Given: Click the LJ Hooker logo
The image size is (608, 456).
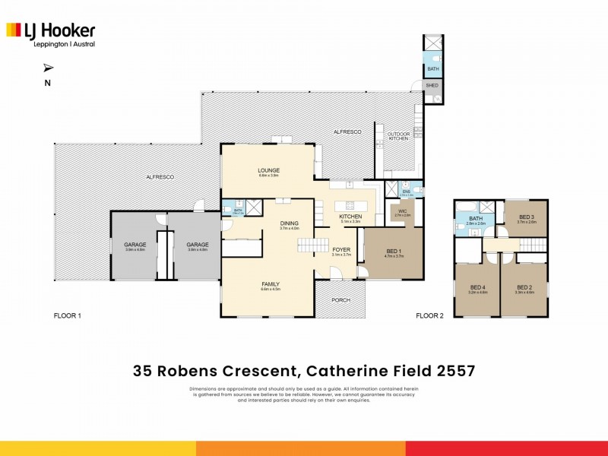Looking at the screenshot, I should tap(51, 33).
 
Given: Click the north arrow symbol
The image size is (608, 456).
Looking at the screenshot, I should tap(49, 68).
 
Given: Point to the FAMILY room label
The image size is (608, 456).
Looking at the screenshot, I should tap(271, 284).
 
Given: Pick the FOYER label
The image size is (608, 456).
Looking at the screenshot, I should tap(341, 249).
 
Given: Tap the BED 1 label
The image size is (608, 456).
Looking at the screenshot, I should tap(394, 252).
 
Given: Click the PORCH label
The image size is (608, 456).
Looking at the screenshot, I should tap(341, 299).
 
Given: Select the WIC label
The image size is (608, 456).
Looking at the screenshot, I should tap(403, 211).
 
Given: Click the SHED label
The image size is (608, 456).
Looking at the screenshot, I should tap(432, 85).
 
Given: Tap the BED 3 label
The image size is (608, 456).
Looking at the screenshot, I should tap(527, 217).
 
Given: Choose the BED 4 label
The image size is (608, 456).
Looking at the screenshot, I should tap(477, 287).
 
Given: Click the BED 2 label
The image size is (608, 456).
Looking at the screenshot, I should tap(524, 287).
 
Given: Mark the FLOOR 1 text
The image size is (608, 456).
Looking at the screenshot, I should tap(67, 315).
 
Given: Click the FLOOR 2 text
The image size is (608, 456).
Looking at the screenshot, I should tap(429, 315).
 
